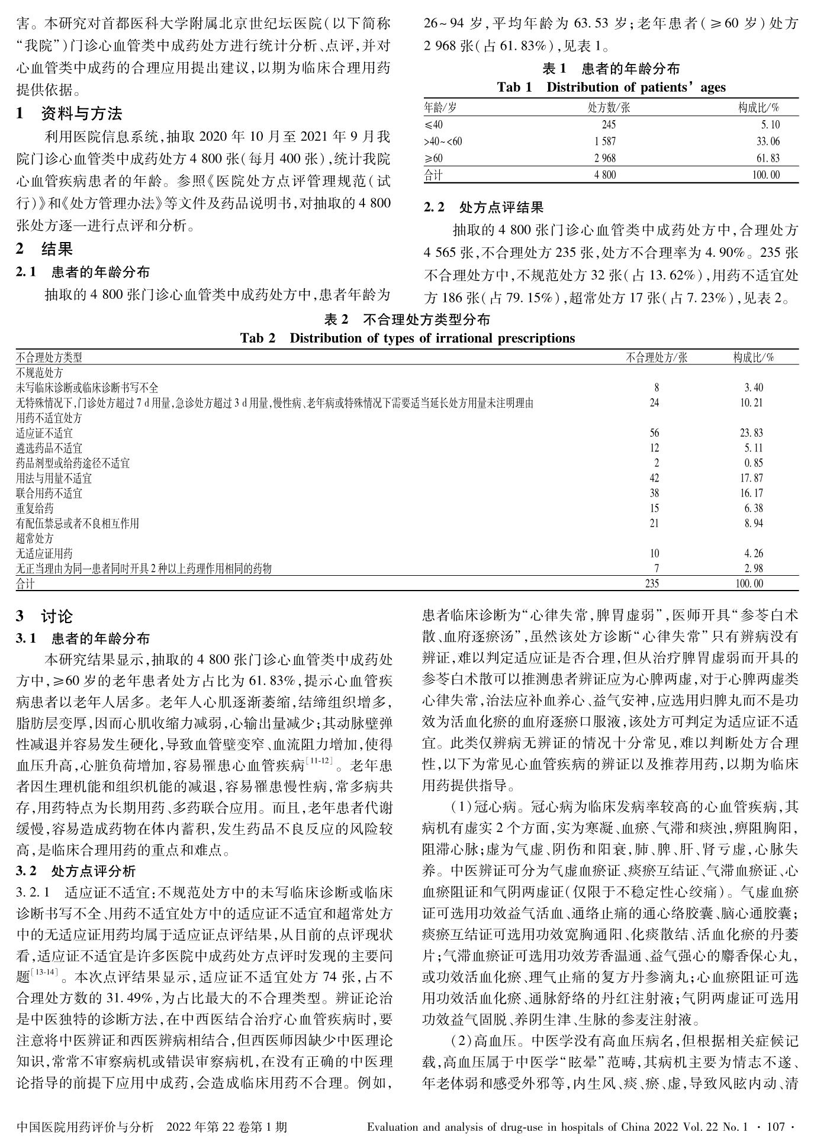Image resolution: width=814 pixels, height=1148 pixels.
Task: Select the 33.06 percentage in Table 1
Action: click(768, 141)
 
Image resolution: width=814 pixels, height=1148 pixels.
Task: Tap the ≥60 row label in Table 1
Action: click(433, 159)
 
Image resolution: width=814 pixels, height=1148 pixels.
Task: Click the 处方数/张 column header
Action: click(609, 108)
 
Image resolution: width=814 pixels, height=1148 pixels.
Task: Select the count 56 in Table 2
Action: click(654, 433)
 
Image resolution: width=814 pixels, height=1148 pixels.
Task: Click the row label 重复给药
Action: click(34, 508)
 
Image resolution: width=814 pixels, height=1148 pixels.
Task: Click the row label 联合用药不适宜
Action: click(49, 493)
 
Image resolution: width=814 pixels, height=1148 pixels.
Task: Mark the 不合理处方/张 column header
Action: click(657, 357)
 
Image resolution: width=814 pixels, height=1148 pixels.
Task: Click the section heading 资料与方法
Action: click(81, 113)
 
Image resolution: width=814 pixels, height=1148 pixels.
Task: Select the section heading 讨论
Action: click(57, 617)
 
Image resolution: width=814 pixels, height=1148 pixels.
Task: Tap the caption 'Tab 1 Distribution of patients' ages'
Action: click(611, 88)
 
